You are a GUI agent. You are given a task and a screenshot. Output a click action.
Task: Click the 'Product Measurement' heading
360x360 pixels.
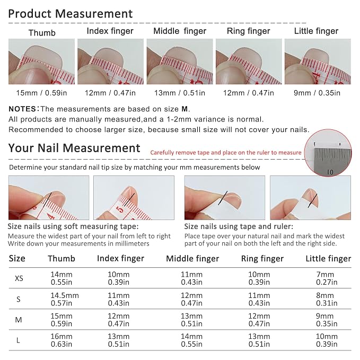[x=71, y=14]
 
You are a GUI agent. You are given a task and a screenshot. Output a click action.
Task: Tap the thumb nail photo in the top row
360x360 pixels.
[x=41, y=62]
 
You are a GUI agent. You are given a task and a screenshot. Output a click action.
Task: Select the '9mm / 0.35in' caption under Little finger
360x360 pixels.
[x=317, y=93]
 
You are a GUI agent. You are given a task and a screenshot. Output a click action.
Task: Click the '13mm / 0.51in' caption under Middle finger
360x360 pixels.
[x=180, y=93]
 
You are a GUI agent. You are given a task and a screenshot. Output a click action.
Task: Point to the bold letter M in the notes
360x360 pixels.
[x=185, y=109]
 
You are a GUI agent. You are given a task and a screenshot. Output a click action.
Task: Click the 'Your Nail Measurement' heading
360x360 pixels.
[x=74, y=148]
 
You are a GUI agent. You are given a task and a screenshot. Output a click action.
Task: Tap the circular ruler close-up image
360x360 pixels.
[x=328, y=153]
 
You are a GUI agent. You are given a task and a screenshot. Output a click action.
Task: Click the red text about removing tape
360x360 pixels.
[x=226, y=153]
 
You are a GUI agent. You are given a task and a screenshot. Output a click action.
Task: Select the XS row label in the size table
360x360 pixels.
[x=19, y=278]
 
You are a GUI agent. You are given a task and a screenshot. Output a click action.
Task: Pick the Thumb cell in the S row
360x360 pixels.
[x=65, y=299]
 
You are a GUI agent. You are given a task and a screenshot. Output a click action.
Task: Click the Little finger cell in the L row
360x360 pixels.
[x=327, y=340]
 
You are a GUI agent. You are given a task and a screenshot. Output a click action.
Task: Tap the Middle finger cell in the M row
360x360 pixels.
[x=191, y=320]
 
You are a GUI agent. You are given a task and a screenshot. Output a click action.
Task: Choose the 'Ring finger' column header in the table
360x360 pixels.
[x=262, y=259]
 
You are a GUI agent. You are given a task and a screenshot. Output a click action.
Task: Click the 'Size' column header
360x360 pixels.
[x=17, y=259]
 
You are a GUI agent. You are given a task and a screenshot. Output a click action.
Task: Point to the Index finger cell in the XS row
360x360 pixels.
[x=119, y=278]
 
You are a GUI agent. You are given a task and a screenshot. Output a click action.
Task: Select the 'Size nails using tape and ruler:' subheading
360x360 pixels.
[x=239, y=226]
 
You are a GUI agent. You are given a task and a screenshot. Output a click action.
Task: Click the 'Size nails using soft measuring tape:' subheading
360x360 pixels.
[x=73, y=226]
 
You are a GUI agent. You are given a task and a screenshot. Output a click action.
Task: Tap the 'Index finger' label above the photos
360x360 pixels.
[x=110, y=31]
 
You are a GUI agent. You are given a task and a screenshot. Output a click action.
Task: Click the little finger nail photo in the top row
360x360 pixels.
[x=318, y=62]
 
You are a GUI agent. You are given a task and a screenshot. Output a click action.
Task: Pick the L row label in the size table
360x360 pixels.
[x=18, y=340]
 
